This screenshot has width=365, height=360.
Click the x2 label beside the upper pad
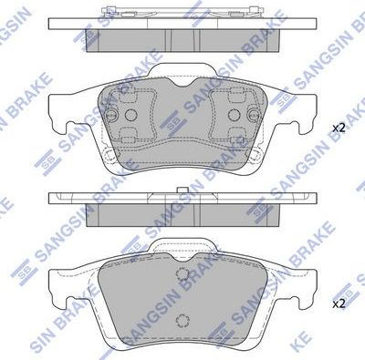pyautogui.click(x=339, y=128)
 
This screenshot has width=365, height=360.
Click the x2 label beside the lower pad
pyautogui.click(x=339, y=303)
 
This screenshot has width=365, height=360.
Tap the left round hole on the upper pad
pyautogui.click(x=130, y=116)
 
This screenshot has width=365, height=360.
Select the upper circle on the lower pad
pyautogui.click(x=181, y=276)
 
